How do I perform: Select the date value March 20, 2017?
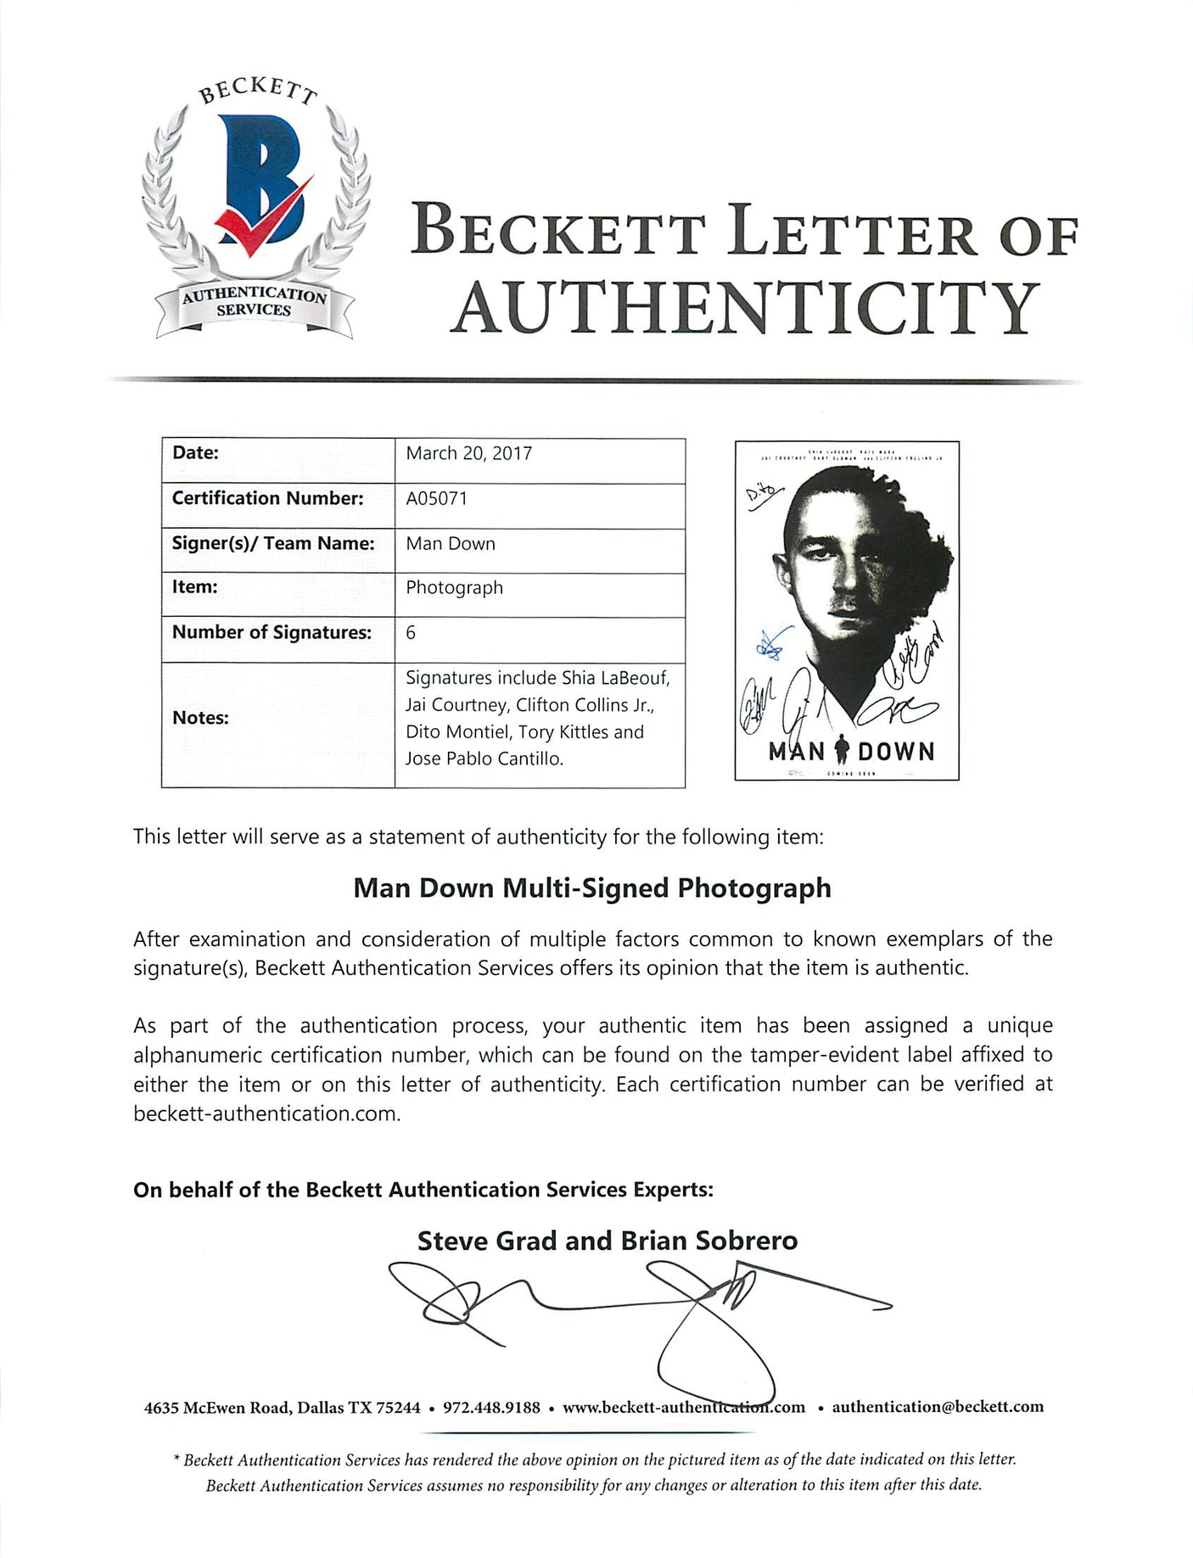click(x=468, y=453)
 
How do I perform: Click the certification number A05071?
click(x=436, y=498)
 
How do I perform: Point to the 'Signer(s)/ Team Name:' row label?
click(x=273, y=543)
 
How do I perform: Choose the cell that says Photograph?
click(x=454, y=587)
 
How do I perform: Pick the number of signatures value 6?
click(x=411, y=632)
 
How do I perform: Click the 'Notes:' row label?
click(x=200, y=718)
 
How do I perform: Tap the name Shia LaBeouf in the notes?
click(x=615, y=677)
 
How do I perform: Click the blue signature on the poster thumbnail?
click(x=772, y=645)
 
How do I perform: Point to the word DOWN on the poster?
click(x=896, y=751)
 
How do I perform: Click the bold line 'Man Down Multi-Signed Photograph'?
click(x=591, y=888)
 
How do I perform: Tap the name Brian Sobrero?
click(x=709, y=1241)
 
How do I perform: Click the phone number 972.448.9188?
click(x=491, y=1407)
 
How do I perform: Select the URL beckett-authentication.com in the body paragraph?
click(x=265, y=1113)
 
